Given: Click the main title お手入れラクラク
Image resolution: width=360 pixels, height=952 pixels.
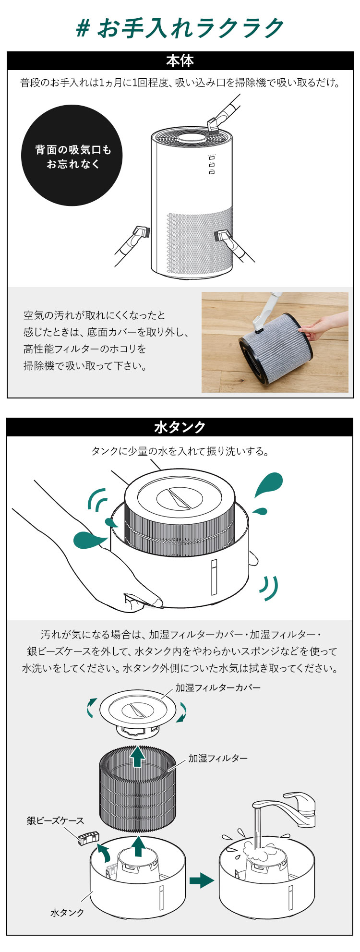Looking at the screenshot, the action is click(x=191, y=28).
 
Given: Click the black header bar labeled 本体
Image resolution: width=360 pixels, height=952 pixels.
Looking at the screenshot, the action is click(x=180, y=61).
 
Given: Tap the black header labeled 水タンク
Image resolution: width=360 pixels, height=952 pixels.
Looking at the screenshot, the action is click(x=180, y=427).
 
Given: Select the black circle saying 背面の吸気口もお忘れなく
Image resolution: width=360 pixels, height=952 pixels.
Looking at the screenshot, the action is click(x=72, y=156).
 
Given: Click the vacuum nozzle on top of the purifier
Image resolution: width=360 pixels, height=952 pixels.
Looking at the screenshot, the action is click(x=214, y=124).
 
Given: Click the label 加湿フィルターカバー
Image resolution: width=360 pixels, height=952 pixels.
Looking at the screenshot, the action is click(x=218, y=687).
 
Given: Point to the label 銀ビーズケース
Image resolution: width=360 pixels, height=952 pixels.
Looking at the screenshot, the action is click(x=55, y=820).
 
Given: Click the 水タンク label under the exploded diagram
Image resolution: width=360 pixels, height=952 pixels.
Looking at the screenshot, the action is click(x=67, y=913).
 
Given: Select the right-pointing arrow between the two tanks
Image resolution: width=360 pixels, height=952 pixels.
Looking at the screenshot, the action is click(x=202, y=880).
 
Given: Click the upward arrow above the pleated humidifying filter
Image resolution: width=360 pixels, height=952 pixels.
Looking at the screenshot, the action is click(x=138, y=756).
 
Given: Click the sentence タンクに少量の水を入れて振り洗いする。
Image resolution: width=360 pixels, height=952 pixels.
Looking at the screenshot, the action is click(x=180, y=451).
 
